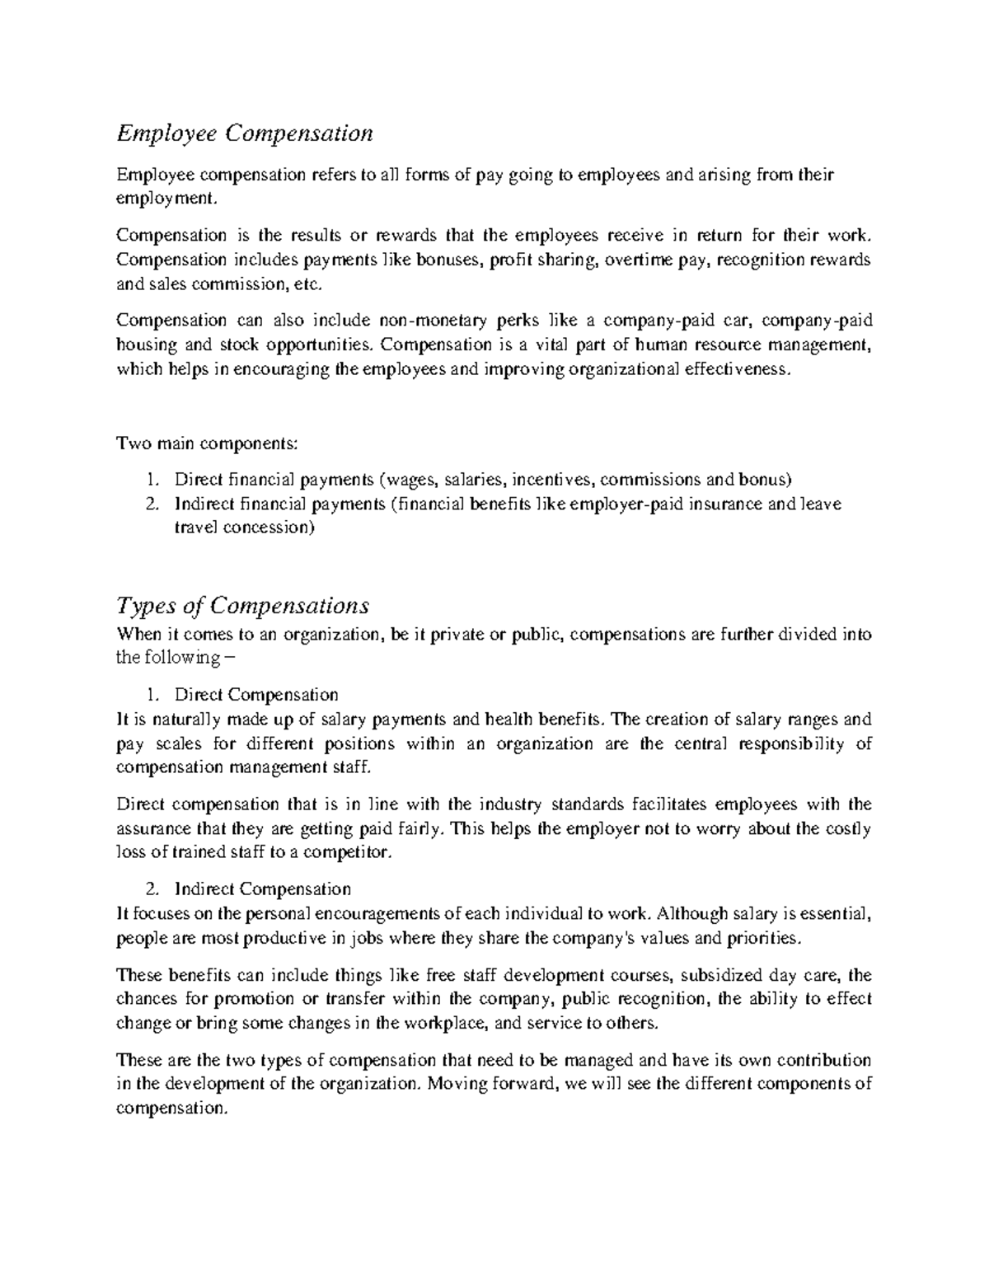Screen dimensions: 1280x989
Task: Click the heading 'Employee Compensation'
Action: tap(245, 133)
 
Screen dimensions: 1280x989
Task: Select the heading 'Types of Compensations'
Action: tap(242, 606)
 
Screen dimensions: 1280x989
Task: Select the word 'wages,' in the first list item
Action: tap(410, 480)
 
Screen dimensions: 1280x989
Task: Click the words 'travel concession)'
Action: tap(244, 527)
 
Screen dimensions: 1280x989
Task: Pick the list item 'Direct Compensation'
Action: tap(255, 695)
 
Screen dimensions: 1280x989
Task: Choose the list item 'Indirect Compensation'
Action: tap(262, 889)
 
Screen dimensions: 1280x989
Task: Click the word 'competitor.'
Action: tap(351, 853)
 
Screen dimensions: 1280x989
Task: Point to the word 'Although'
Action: tap(692, 914)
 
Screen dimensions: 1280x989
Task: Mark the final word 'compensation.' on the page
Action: tap(171, 1109)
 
